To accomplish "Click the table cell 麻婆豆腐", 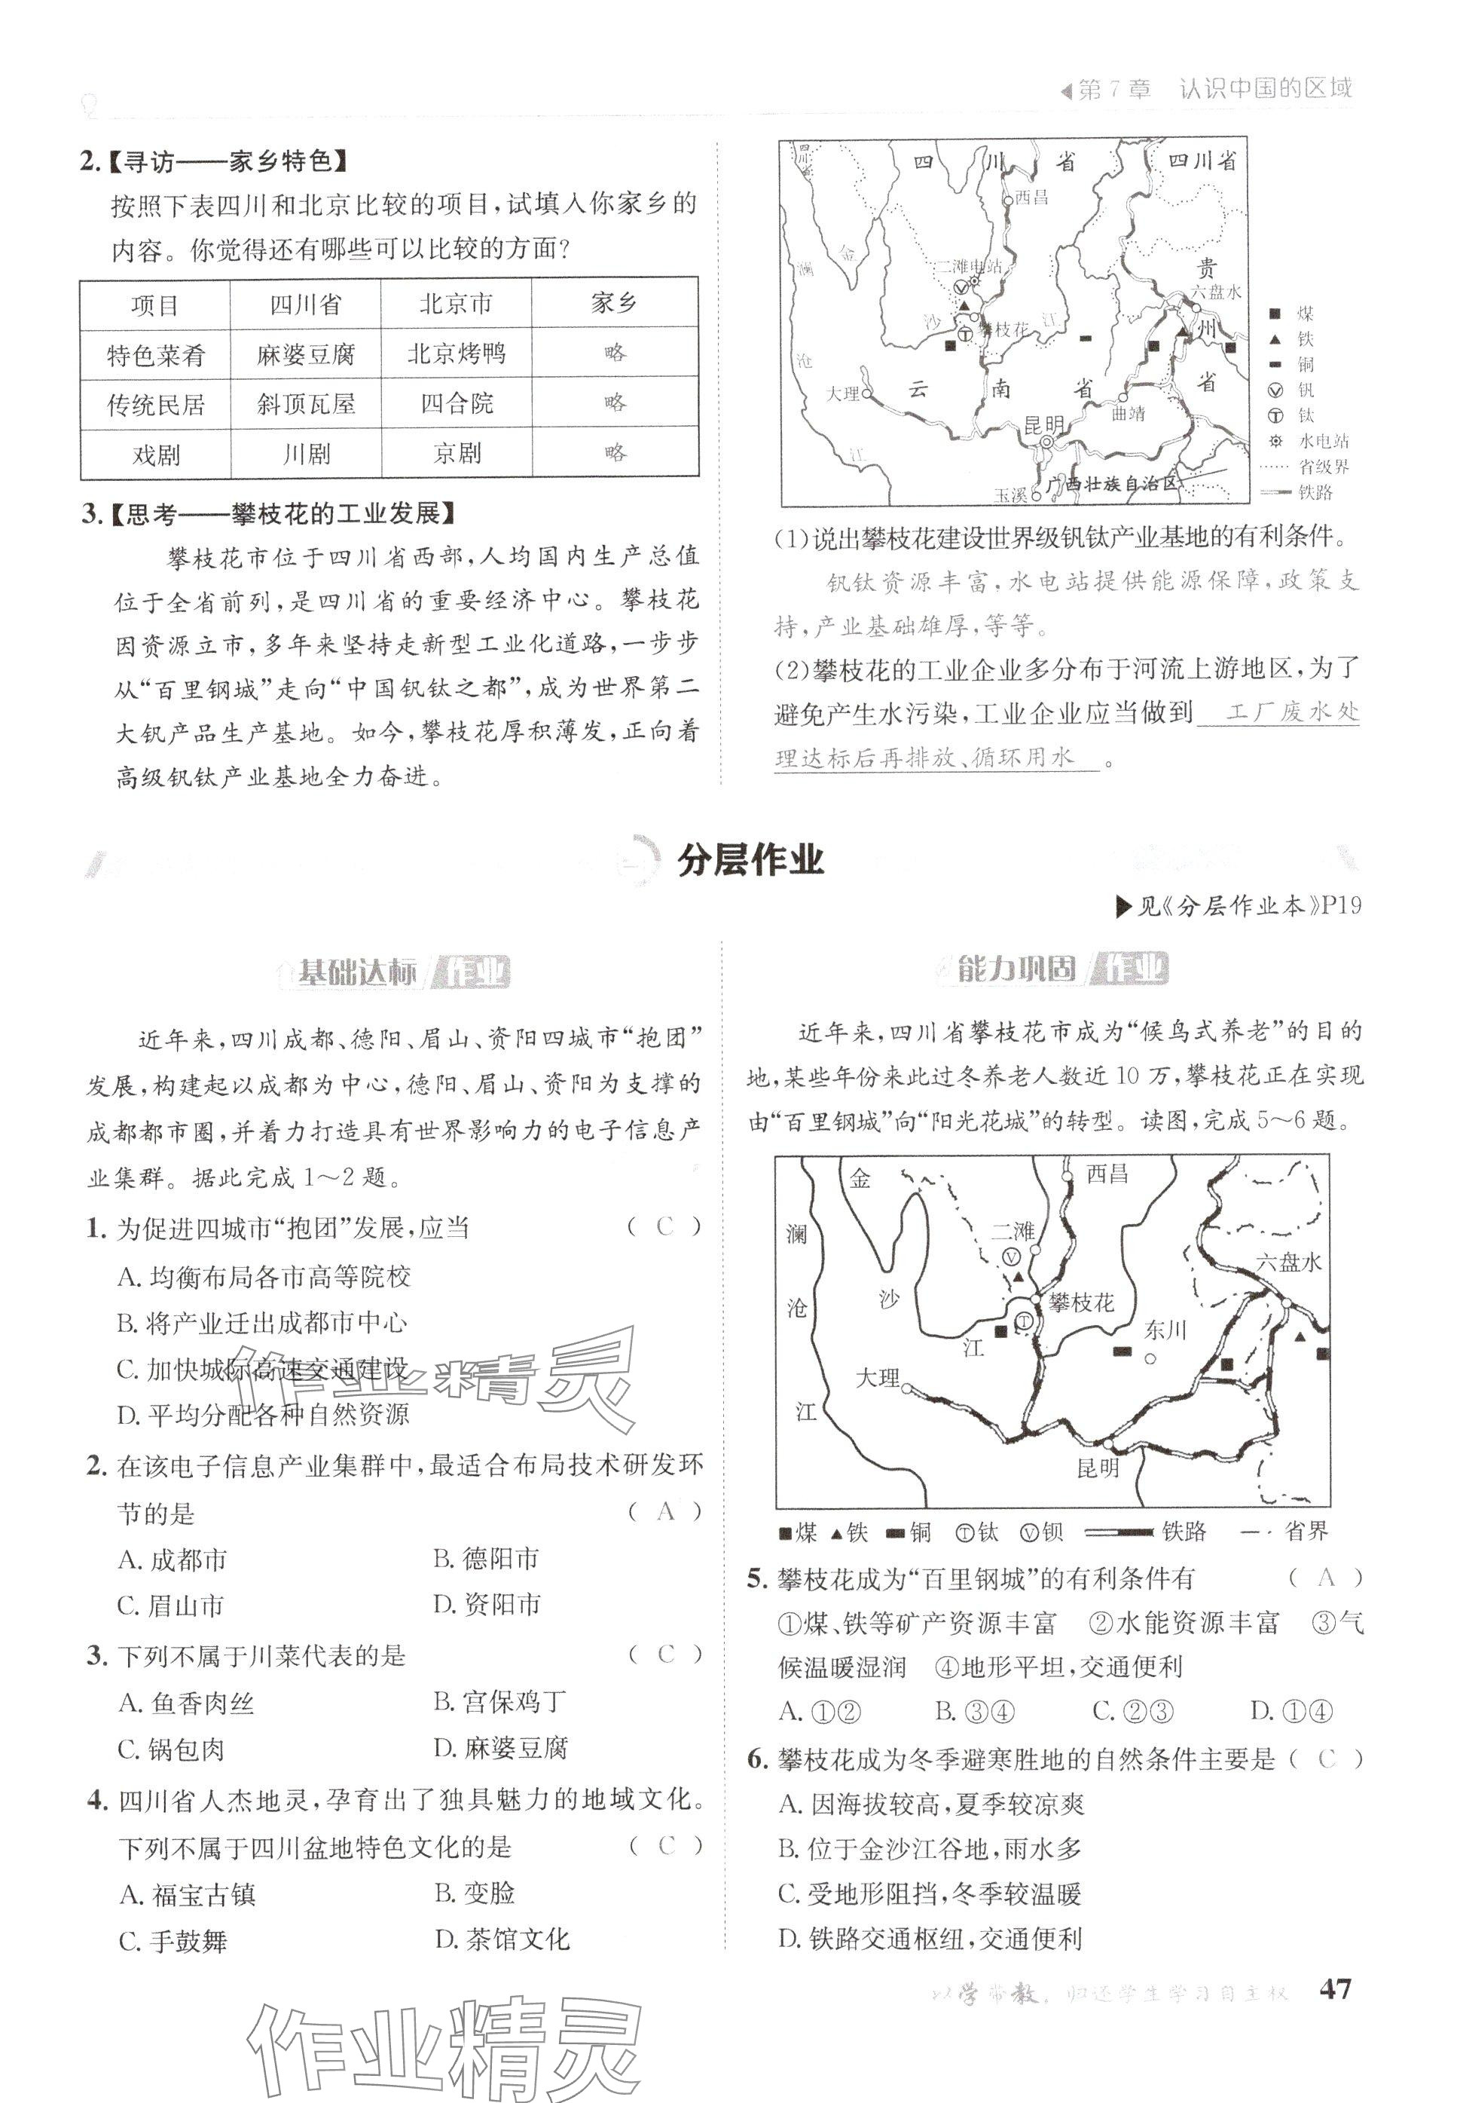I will pos(305,354).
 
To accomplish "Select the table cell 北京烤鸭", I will pos(456,354).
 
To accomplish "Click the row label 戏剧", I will pos(155,454).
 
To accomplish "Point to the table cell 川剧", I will pos(305,454).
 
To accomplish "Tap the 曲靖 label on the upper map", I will pos(1129,414).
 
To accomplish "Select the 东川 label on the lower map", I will pos(1165,1330).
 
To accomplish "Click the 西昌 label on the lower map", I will pos(1107,1174).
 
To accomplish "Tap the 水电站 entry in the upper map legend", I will pos(1323,442).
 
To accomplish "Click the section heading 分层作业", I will pos(750,861).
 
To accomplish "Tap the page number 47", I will pos(1336,1989).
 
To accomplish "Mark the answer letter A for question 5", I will pos(1327,1577).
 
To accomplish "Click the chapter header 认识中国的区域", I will pos(1264,90).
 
